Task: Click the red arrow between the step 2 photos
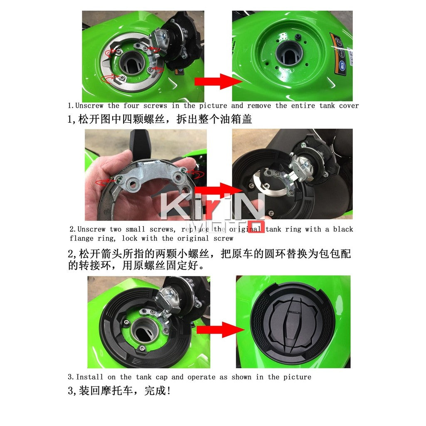(222, 190)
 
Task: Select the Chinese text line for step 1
(160, 119)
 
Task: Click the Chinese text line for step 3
(119, 391)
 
